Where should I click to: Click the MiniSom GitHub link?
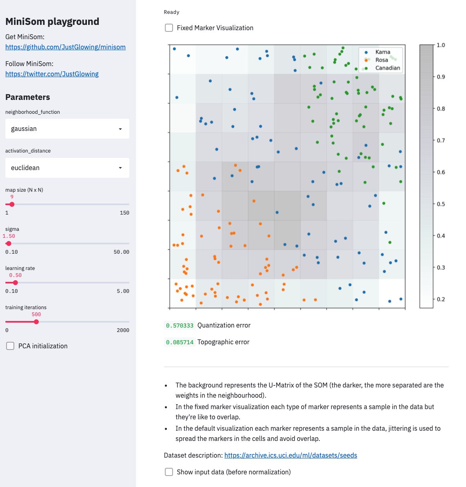(x=65, y=47)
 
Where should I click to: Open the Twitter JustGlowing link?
(x=52, y=74)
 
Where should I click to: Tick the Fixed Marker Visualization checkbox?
(x=169, y=28)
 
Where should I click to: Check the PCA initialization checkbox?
(x=10, y=346)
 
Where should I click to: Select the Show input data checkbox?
(x=169, y=472)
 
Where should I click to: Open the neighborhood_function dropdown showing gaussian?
(x=67, y=129)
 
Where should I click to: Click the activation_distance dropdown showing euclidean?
(x=67, y=168)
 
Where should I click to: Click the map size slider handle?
(x=12, y=204)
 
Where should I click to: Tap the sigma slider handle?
(x=9, y=243)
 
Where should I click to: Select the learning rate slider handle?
(x=16, y=283)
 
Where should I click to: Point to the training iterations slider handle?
(x=36, y=322)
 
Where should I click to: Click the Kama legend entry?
(x=382, y=52)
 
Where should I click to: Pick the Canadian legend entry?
(x=387, y=68)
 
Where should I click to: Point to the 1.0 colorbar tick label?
(x=441, y=45)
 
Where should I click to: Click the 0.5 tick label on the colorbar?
(x=441, y=204)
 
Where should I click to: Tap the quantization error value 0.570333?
(x=180, y=325)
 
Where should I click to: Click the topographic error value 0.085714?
(x=180, y=342)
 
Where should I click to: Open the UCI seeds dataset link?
(x=291, y=455)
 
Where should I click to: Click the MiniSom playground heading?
(x=52, y=22)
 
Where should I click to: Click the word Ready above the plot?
(x=171, y=12)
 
